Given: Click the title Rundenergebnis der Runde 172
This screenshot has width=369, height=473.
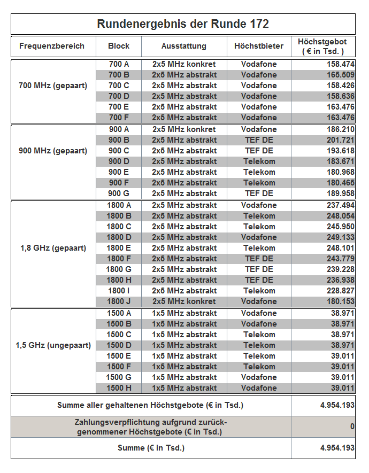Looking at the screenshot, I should [183, 24].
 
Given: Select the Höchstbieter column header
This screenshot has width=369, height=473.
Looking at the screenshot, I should [259, 46].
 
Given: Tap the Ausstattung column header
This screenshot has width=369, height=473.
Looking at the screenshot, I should [184, 46].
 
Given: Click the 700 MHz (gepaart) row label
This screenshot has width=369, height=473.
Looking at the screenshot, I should [53, 86].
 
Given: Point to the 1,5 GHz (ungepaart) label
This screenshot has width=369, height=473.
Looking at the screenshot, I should [53, 345].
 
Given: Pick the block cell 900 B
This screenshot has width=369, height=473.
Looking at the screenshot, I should [119, 140].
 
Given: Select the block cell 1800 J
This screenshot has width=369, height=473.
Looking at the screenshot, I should [119, 301].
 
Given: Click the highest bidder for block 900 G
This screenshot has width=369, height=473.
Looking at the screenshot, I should [259, 193].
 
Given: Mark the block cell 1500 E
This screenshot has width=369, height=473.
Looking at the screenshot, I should [119, 356].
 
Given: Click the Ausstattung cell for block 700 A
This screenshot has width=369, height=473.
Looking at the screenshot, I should [184, 64].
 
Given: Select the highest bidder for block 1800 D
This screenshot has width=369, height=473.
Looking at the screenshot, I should [259, 237].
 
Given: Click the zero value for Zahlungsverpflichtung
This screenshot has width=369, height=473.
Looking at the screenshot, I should [352, 427].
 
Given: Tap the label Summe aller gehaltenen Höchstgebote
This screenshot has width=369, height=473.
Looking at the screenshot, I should [150, 405].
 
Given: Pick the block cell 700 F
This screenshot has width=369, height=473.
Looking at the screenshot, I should [119, 118].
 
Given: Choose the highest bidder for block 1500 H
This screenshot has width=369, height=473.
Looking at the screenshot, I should [259, 388].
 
